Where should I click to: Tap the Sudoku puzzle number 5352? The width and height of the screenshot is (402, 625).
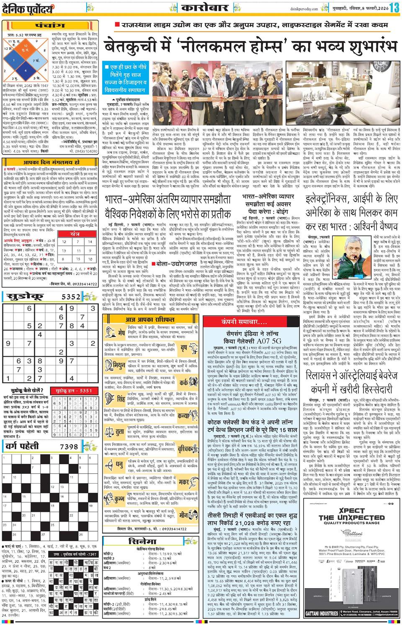pyautogui.click(x=70, y=297)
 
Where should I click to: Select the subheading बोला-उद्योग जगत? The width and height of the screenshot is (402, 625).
pyautogui.click(x=174, y=264)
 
